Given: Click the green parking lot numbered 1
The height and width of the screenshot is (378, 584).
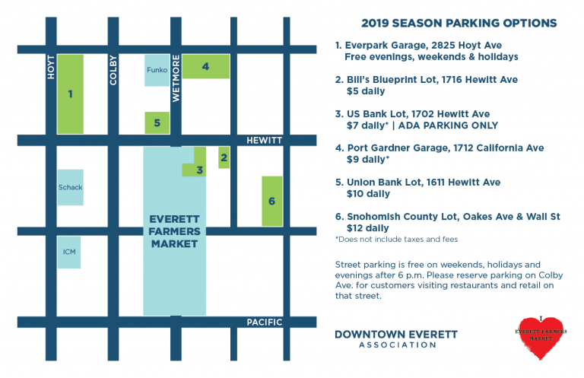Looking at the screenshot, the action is click(x=71, y=94).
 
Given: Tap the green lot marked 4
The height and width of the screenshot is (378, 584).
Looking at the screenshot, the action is click(x=205, y=66).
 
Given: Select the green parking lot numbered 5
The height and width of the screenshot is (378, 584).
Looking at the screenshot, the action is click(x=157, y=123).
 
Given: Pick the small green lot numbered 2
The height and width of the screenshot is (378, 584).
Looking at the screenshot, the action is click(x=224, y=157).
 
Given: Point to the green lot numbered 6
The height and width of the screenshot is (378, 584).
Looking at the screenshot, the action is click(x=272, y=201).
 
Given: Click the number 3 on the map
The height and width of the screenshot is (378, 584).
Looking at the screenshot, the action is click(x=200, y=170).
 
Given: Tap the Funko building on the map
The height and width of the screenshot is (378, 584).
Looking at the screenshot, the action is click(x=157, y=71).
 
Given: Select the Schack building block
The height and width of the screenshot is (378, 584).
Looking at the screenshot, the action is click(x=71, y=187).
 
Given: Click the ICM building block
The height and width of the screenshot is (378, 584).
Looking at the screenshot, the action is click(x=69, y=252).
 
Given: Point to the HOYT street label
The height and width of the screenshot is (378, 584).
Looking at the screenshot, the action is click(x=51, y=67).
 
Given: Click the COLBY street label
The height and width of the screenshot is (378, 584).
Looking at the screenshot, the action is click(x=113, y=71).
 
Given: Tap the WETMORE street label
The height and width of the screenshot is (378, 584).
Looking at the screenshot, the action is click(x=176, y=78).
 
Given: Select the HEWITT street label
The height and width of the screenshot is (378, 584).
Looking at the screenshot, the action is click(x=265, y=141).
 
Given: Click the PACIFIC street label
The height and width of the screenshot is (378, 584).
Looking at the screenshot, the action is click(x=265, y=322).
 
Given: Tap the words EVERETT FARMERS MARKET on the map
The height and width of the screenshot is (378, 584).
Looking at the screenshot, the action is click(x=174, y=231).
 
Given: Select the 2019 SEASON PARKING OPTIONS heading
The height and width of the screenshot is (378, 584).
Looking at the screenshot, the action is click(x=459, y=23).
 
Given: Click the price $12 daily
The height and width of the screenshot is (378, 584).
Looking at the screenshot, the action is click(x=368, y=228).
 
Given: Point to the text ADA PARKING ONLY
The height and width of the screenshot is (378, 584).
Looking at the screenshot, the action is click(x=448, y=125).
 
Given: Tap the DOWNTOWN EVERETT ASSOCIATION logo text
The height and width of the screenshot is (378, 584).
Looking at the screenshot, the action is click(x=396, y=338).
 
